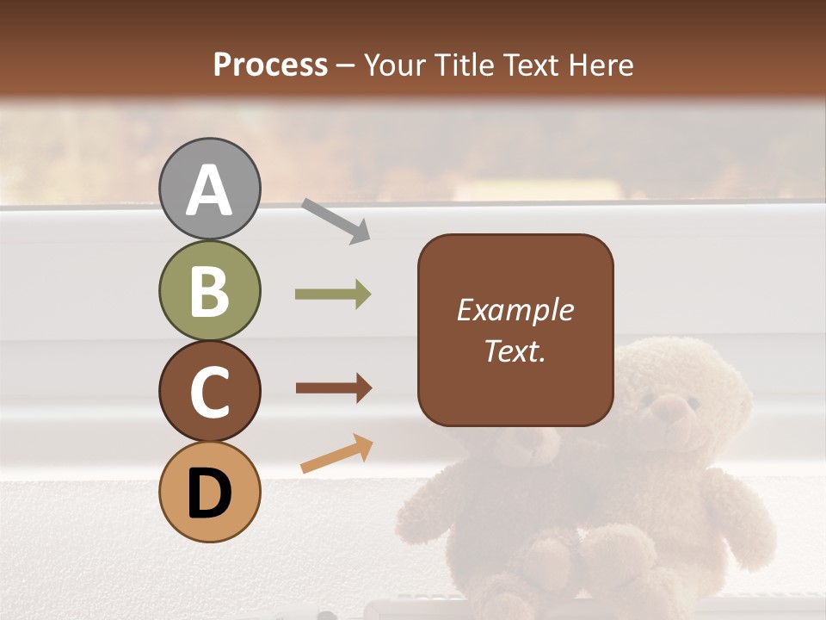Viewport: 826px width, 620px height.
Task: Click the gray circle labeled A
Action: (210, 189)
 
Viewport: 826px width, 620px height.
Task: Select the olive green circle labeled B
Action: (210, 290)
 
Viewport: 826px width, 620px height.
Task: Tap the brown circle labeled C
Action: (210, 391)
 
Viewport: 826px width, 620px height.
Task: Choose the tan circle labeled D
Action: (210, 492)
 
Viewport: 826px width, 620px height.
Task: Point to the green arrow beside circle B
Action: (333, 294)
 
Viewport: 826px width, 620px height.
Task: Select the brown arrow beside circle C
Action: (333, 388)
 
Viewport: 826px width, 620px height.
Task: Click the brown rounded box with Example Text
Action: (515, 330)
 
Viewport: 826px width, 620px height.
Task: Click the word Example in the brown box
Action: (515, 310)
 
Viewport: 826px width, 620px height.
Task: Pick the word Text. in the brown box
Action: (515, 350)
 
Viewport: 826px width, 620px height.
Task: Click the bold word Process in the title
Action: (270, 65)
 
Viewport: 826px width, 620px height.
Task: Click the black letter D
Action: (210, 494)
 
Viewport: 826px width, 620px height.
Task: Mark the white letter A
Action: (210, 191)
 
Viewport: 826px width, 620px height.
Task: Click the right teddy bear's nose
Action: (670, 411)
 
